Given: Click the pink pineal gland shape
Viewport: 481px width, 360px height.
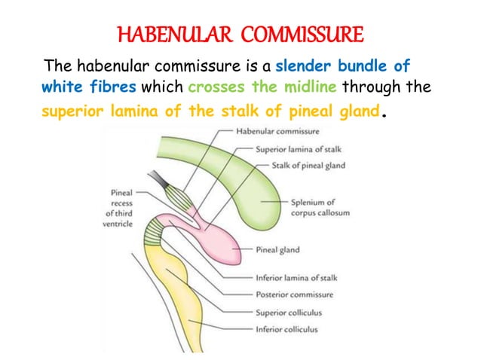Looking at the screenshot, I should pos(219,241).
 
